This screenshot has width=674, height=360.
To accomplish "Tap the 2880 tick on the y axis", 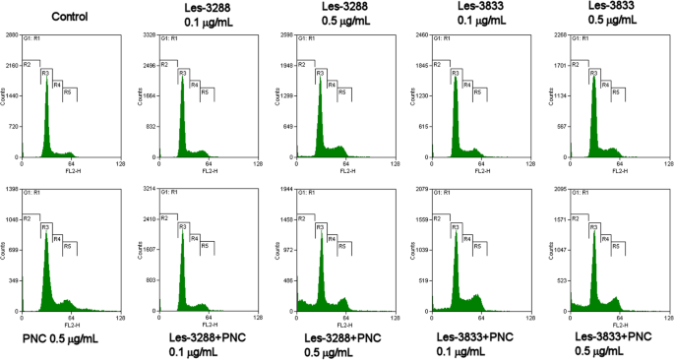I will pyautogui.click(x=13, y=35).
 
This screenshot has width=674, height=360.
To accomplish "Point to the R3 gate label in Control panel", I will pyautogui.click(x=45, y=74).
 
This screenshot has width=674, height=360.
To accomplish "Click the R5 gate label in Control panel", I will pyautogui.click(x=68, y=91).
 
